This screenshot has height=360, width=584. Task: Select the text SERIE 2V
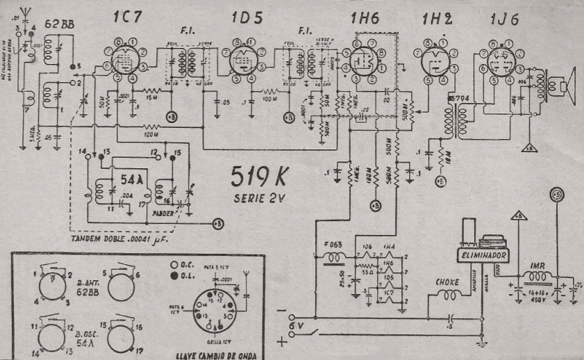pyautogui.click(x=257, y=201)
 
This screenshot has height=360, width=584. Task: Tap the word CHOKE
pyautogui.click(x=447, y=282)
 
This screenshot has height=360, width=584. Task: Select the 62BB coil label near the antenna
pyautogui.click(x=57, y=26)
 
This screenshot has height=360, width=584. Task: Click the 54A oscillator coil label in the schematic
pyautogui.click(x=131, y=179)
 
